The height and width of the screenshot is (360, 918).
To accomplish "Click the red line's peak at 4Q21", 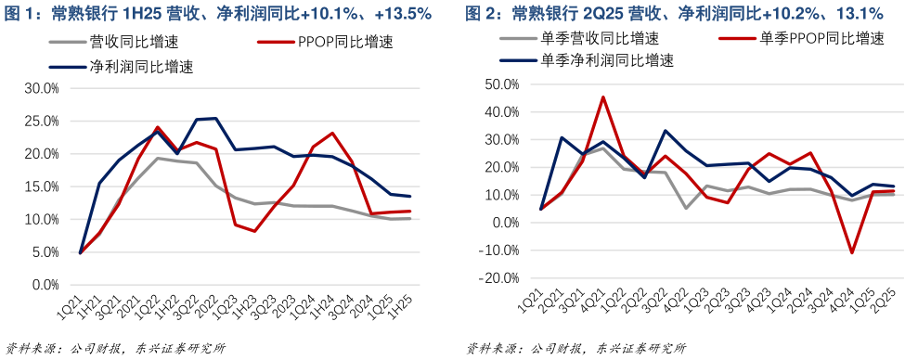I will (603, 96).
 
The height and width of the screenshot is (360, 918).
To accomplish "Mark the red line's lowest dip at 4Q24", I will (851, 252).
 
